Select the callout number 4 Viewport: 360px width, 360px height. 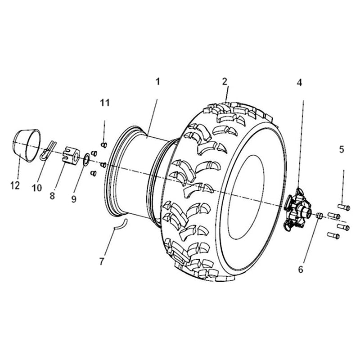point(299,82)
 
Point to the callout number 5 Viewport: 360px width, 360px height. point(342,149)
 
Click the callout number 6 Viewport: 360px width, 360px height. point(301,269)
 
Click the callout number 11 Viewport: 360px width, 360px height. point(104,103)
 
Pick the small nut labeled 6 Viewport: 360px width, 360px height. point(319,216)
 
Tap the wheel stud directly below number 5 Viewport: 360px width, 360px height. point(344,207)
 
